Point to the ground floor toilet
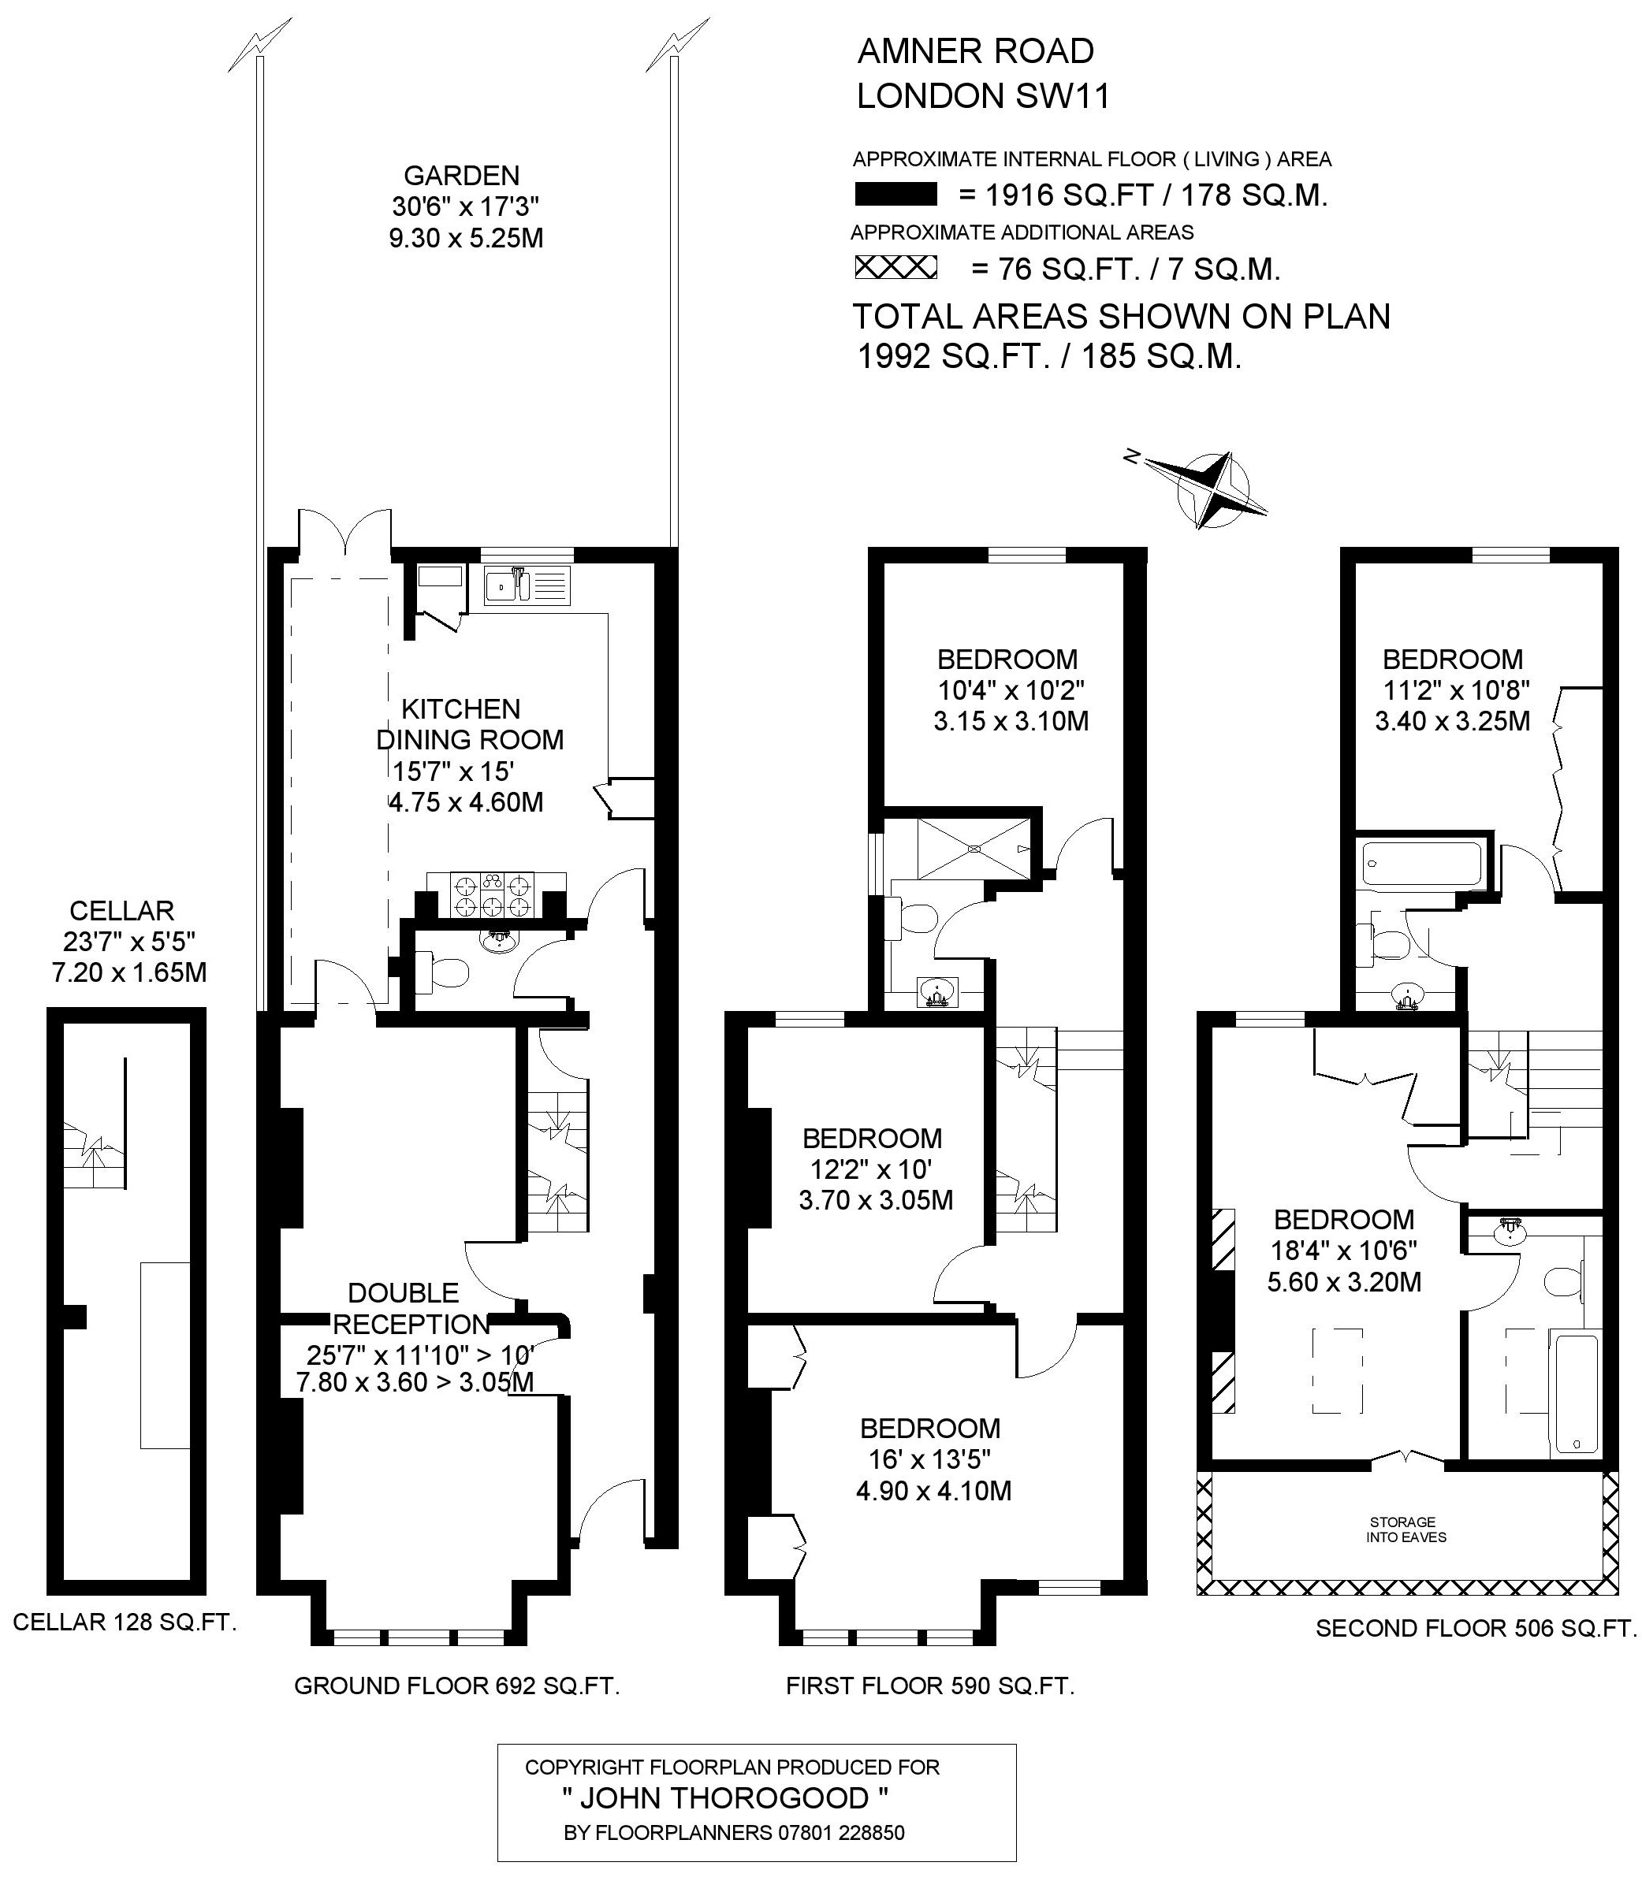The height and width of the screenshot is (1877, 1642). [441, 972]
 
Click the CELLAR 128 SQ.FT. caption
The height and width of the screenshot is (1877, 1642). [125, 1622]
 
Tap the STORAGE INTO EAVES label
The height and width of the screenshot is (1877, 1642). [1406, 1529]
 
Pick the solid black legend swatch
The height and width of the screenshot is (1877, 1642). [895, 194]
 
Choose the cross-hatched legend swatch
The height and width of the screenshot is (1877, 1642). [895, 267]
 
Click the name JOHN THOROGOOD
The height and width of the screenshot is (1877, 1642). [724, 1798]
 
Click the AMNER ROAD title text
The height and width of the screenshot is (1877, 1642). [976, 51]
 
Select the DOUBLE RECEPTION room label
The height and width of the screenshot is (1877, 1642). [410, 1308]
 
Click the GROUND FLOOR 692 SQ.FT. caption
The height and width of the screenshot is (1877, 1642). [457, 1686]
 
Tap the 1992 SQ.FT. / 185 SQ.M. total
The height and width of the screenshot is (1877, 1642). [1049, 355]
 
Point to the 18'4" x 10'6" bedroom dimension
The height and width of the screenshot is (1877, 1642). [1344, 1251]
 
